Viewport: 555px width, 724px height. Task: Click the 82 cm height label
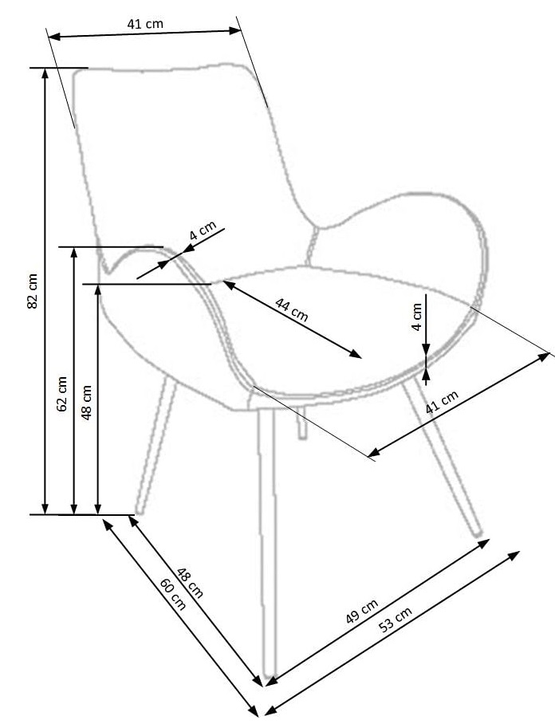33,291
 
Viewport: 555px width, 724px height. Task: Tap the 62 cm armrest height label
61,393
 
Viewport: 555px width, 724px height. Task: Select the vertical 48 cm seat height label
86,402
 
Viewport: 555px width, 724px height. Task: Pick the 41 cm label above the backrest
145,24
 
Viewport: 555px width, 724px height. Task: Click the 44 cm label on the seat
291,309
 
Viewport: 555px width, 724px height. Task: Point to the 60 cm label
173,594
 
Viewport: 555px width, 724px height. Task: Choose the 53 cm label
396,620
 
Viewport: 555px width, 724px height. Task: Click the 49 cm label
362,611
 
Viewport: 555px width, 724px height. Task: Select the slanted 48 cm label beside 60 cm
190,583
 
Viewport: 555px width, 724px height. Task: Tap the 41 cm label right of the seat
442,401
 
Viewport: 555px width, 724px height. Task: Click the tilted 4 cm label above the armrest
203,230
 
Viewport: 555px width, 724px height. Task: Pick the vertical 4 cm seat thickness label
417,317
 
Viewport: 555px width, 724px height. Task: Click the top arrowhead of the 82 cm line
45,73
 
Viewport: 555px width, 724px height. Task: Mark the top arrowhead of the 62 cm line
73,252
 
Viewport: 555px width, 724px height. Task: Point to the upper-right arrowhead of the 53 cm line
514,555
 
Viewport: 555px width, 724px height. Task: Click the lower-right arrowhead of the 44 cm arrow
356,354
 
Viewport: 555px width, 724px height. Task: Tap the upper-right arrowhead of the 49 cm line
483,543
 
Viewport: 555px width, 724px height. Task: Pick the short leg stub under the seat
301,423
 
